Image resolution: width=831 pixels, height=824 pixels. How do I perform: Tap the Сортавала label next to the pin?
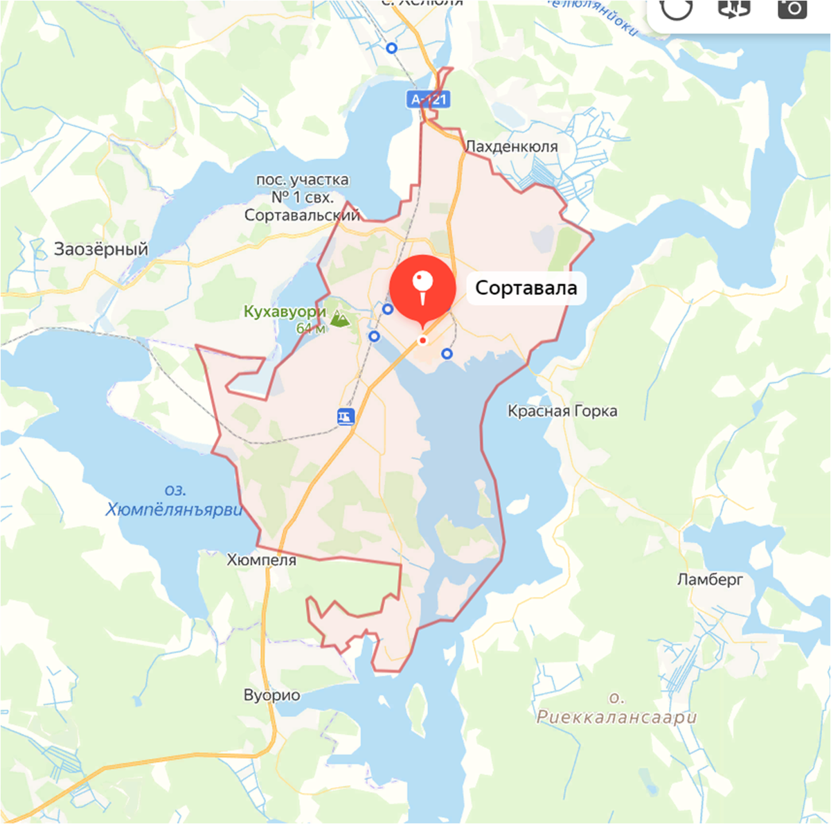(x=526, y=288)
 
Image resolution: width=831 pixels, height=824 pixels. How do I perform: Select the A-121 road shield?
(x=429, y=100)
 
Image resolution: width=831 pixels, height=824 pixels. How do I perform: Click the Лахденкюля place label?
(x=511, y=146)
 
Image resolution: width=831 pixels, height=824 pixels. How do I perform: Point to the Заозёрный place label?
(x=101, y=249)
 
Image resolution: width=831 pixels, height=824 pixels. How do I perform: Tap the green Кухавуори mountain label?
(x=285, y=312)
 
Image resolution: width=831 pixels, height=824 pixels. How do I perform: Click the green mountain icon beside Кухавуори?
(x=339, y=319)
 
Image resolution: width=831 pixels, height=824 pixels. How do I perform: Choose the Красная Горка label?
(x=562, y=411)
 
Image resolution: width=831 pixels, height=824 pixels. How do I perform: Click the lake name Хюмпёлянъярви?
(x=175, y=510)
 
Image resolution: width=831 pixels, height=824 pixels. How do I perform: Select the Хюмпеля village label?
(x=262, y=560)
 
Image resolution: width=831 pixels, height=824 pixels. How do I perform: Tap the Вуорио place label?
(x=272, y=695)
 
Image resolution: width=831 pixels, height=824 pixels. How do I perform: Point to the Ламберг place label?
(x=710, y=579)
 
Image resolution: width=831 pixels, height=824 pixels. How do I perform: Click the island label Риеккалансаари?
(x=616, y=717)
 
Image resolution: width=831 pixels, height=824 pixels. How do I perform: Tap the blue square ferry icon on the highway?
(x=346, y=416)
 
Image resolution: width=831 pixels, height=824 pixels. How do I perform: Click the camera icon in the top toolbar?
(x=792, y=8)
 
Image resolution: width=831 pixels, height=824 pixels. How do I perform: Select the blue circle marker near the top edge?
(x=392, y=48)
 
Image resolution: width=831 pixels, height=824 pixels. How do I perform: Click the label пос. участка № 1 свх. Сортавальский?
(x=302, y=197)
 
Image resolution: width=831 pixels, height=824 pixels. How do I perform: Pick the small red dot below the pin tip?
(x=422, y=341)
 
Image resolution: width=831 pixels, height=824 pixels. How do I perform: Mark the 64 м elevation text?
(x=310, y=329)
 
